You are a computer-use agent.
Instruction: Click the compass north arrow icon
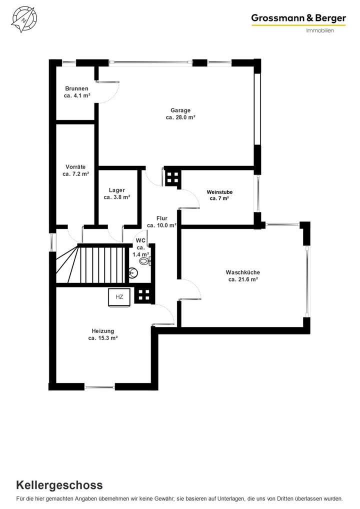point(22,19)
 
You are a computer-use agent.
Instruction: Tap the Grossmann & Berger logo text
point(298,18)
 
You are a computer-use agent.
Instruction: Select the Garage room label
point(180,110)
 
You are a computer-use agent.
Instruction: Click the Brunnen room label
point(76,88)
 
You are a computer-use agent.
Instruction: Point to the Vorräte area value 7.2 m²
point(76,174)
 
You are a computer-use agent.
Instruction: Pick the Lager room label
point(117,190)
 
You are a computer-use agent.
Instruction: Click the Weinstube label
point(219,192)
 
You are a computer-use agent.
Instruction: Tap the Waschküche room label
point(243,272)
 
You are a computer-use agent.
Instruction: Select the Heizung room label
point(103,331)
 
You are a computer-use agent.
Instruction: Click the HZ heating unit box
point(119,297)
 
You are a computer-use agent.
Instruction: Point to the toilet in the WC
point(145,260)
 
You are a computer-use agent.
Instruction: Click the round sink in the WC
point(132,273)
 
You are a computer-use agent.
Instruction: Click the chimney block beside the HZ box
point(144,295)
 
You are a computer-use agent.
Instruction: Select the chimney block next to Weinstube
point(173,177)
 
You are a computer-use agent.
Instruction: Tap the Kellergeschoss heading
point(59,484)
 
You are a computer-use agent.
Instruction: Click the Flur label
point(161,218)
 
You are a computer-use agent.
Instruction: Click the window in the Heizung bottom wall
point(99,386)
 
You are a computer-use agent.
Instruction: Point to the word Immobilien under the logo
point(319,30)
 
